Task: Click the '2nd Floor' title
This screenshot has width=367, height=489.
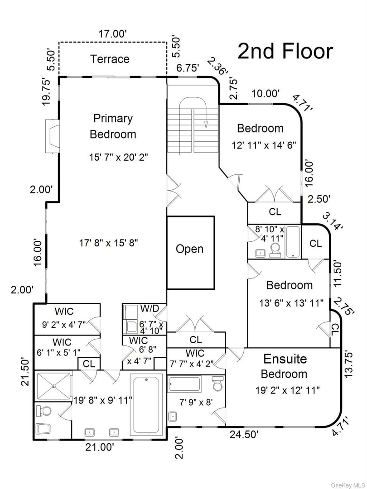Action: (285, 52)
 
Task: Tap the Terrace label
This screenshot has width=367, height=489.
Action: (110, 59)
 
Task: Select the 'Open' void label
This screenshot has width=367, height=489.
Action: (189, 249)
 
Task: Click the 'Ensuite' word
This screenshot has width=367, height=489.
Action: (285, 359)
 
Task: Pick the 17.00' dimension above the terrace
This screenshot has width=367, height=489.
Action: (112, 34)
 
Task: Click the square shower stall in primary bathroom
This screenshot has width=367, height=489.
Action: (53, 386)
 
